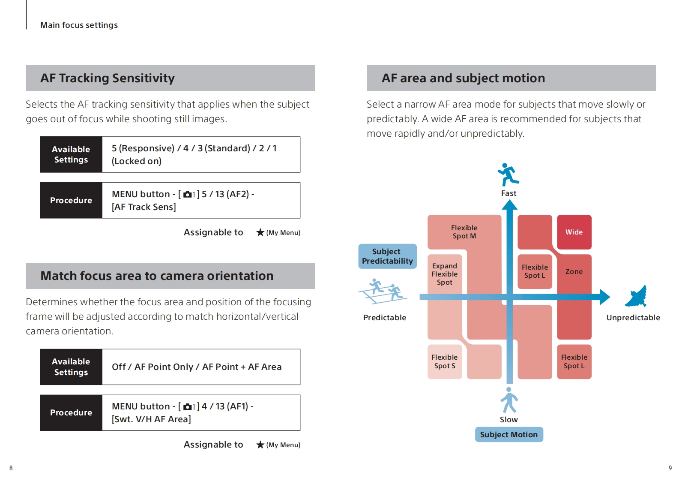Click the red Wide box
click(x=574, y=232)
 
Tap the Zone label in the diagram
click(x=574, y=271)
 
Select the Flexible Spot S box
click(x=444, y=361)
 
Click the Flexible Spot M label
click(x=464, y=231)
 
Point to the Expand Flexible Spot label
click(x=444, y=274)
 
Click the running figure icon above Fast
click(x=508, y=174)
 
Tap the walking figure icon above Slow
click(x=509, y=400)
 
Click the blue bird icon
click(x=636, y=297)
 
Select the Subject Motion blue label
click(x=509, y=434)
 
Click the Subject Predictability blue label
click(x=387, y=256)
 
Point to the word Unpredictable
click(x=633, y=318)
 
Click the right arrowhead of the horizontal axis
click(x=604, y=297)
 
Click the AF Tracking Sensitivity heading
click(x=108, y=78)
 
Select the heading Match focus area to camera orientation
click(x=157, y=276)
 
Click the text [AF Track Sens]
click(x=144, y=207)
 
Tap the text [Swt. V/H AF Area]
click(x=151, y=419)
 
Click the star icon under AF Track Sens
click(x=260, y=232)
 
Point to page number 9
click(x=670, y=468)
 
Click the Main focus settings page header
click(x=79, y=25)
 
